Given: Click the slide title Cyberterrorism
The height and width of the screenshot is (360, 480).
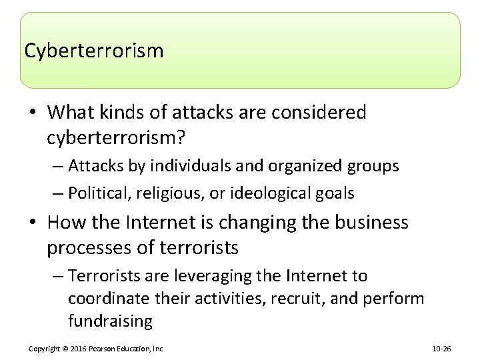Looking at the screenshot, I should pos(93,51).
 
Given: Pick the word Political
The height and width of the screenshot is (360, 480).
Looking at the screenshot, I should pos(99,193).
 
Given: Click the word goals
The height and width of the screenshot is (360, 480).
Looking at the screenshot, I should pos(334,193).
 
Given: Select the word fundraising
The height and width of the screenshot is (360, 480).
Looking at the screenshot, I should pos(111,321).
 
